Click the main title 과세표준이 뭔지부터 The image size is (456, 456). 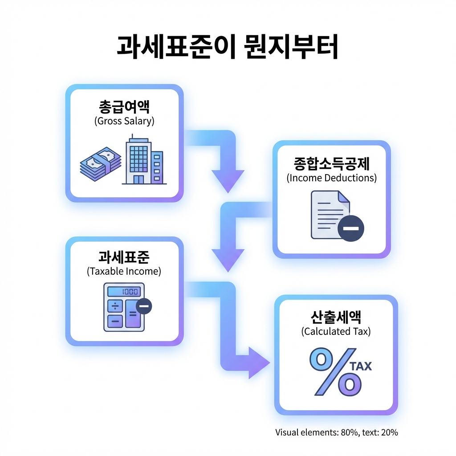pos(228,47)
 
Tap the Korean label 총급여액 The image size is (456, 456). pos(124,107)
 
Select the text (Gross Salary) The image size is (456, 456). pos(124,121)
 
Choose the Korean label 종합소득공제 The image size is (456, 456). pos(332,163)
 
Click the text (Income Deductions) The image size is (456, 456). pos(332,178)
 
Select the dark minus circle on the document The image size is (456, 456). pos(351,228)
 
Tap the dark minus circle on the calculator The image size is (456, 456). pos(144,305)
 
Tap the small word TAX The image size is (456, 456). pos(361,366)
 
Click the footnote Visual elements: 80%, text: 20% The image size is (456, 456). pos(336,432)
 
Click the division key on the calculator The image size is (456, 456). pos(115,306)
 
